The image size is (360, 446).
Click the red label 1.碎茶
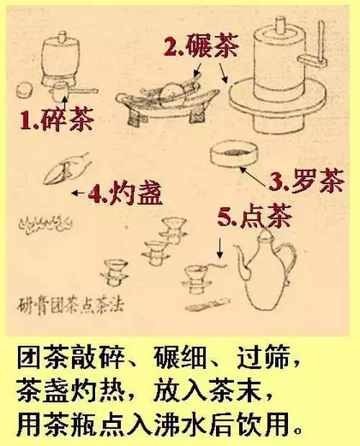click(57, 119)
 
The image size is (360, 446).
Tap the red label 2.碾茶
click(201, 46)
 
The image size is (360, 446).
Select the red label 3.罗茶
click(307, 181)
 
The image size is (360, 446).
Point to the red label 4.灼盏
click(125, 194)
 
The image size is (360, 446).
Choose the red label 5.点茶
click(255, 215)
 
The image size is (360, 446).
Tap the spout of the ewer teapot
click(241, 258)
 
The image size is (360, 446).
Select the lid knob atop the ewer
click(266, 234)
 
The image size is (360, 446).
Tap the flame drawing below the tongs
click(45, 224)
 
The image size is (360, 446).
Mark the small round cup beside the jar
click(24, 90)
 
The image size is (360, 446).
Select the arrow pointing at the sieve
click(254, 177)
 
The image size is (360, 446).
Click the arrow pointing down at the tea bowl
click(220, 247)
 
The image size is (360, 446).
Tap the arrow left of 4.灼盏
click(78, 193)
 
